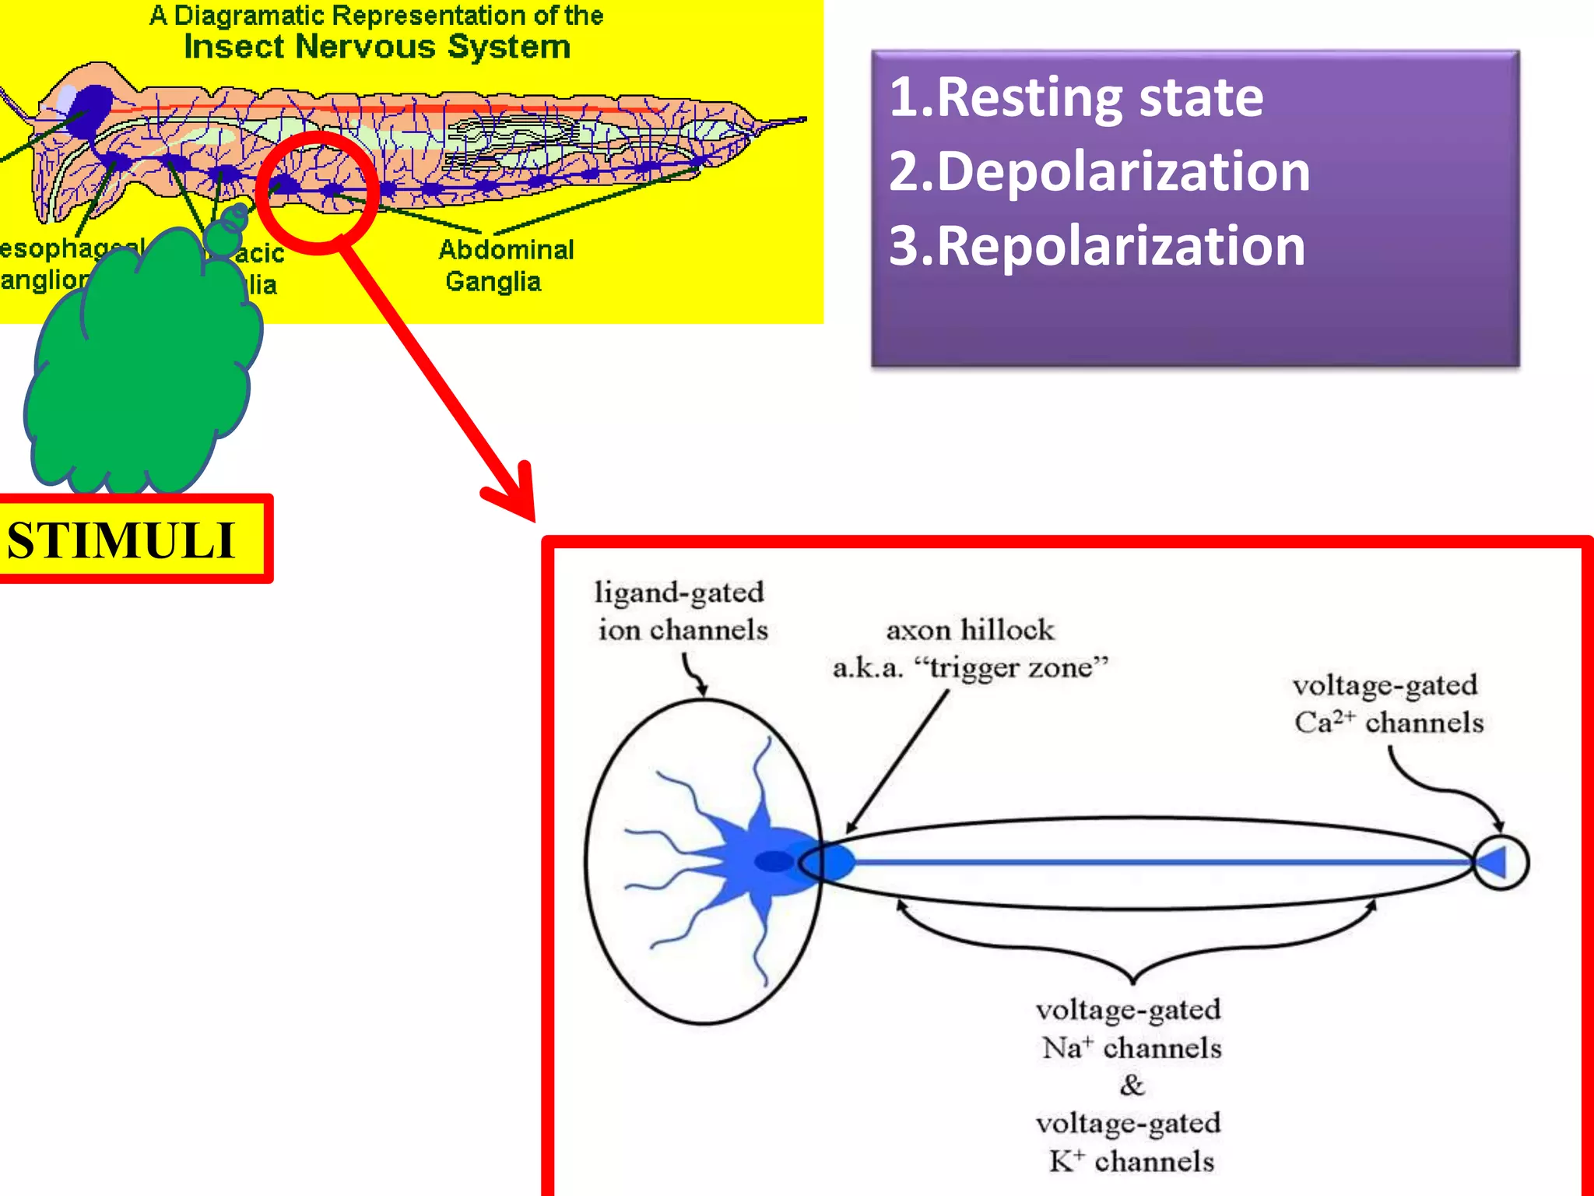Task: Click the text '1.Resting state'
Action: [x=1076, y=98]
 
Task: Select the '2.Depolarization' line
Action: [x=1099, y=172]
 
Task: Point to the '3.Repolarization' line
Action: [x=1097, y=246]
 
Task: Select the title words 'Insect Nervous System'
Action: [x=377, y=47]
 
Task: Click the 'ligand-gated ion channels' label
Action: [x=681, y=611]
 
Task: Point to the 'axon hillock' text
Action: [x=970, y=630]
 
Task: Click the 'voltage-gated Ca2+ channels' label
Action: [x=1388, y=704]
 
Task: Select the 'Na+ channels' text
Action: [x=1131, y=1048]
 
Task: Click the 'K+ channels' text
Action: [x=1131, y=1162]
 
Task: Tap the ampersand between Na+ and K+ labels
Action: [x=1132, y=1085]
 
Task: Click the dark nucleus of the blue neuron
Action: [x=774, y=861]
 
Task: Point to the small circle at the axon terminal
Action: [x=1501, y=862]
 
